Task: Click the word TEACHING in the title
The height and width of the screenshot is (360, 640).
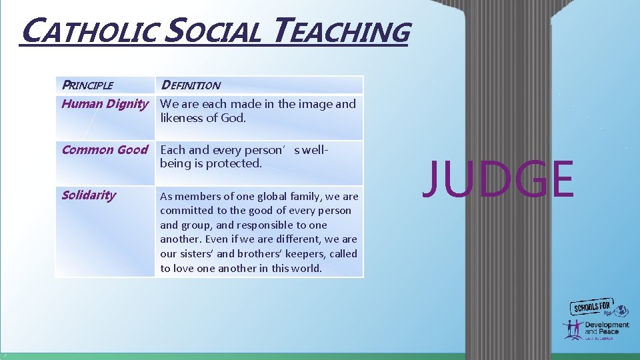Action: pyautogui.click(x=341, y=32)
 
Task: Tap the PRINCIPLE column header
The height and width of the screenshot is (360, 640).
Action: pyautogui.click(x=87, y=85)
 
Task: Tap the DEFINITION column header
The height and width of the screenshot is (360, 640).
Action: pyautogui.click(x=191, y=85)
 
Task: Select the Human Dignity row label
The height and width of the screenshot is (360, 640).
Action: pyautogui.click(x=105, y=104)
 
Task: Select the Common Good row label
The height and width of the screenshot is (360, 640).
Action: pyautogui.click(x=105, y=150)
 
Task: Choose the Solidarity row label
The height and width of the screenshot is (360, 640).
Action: pyautogui.click(x=89, y=195)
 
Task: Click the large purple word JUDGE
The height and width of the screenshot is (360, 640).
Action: pyautogui.click(x=498, y=180)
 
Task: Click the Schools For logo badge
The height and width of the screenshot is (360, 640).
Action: pyautogui.click(x=594, y=307)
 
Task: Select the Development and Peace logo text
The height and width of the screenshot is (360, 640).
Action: pyautogui.click(x=607, y=328)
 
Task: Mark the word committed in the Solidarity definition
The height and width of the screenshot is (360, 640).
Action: pyautogui.click(x=185, y=211)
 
